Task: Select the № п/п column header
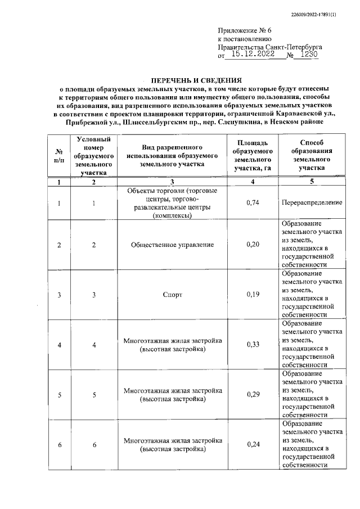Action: (x=59, y=155)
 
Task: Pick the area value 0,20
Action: (x=253, y=245)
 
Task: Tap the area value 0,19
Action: (x=253, y=295)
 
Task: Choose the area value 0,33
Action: (x=253, y=345)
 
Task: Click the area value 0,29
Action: (x=253, y=395)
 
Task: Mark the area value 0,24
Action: (x=253, y=445)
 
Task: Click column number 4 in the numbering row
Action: (x=253, y=182)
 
